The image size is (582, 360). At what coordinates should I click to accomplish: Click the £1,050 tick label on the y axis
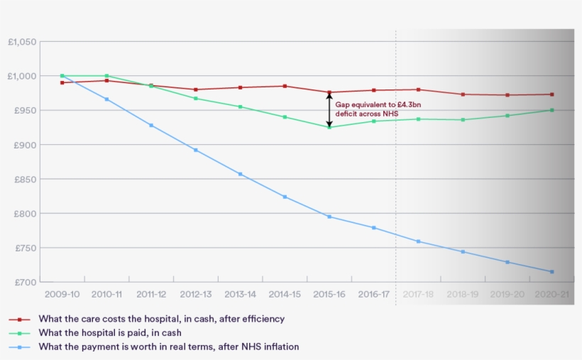point(22,42)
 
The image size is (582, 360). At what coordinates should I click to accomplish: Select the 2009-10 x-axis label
point(62,294)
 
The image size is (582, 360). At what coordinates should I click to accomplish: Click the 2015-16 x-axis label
point(329,294)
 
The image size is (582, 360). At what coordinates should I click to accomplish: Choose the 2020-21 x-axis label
point(551,294)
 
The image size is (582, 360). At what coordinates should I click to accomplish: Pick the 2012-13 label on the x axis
point(196,294)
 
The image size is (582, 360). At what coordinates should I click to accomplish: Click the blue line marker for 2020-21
point(551,271)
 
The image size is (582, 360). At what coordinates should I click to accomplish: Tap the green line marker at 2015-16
point(329,127)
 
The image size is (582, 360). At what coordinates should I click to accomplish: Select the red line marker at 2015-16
point(329,92)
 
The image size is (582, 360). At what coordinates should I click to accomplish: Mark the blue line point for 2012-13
point(196,150)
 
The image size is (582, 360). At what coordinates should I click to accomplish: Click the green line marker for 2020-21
point(551,110)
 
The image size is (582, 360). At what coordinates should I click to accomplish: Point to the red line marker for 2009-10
point(62,82)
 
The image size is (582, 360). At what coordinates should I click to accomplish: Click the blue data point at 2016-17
point(374,227)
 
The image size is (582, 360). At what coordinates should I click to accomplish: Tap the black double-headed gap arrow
point(329,110)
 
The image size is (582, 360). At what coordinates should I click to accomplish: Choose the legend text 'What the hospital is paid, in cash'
point(109,333)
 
